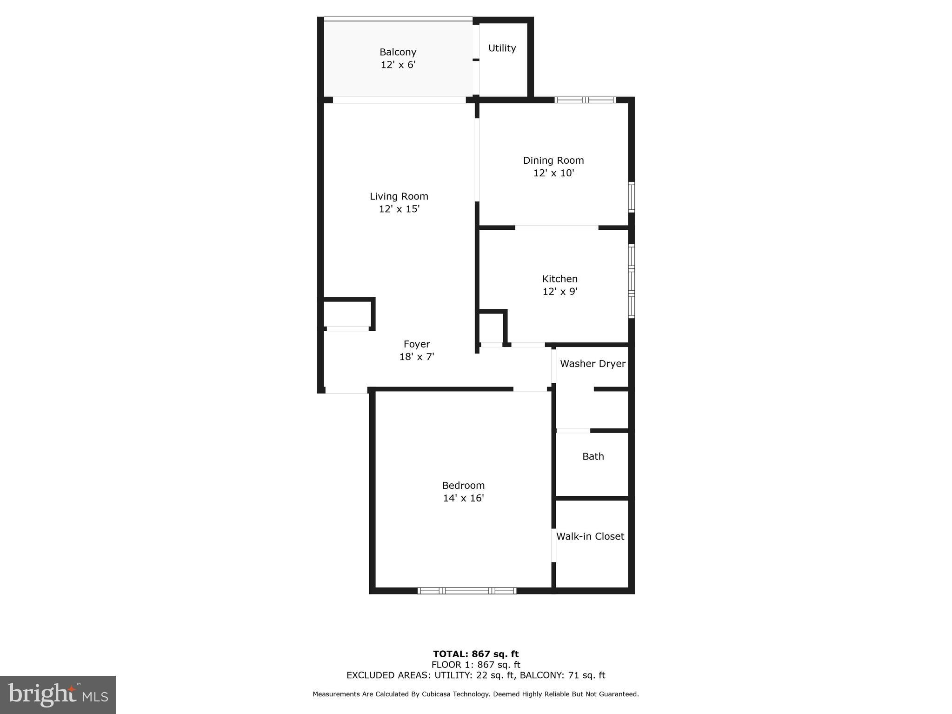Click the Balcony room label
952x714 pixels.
[x=398, y=52]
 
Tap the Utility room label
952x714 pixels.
[x=502, y=48]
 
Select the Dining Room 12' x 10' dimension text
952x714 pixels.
[x=553, y=173]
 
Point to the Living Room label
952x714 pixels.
[x=399, y=196]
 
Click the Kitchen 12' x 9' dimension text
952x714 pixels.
[x=560, y=292]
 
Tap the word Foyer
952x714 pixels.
[x=417, y=344]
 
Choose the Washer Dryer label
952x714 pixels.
[x=593, y=364]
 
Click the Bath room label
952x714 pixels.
[x=593, y=456]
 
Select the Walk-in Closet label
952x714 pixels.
[x=590, y=536]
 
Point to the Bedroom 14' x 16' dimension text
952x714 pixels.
[x=463, y=498]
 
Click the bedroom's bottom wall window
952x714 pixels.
[x=466, y=591]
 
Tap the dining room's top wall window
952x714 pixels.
[x=585, y=100]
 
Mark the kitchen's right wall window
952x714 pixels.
[x=631, y=281]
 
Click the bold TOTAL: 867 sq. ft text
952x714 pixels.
[x=476, y=654]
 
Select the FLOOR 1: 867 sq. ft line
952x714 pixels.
[x=476, y=665]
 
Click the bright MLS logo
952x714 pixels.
[x=58, y=695]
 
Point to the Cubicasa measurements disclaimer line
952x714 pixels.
[x=476, y=694]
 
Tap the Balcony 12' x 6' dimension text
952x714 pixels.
[x=398, y=65]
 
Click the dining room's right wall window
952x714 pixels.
[x=631, y=197]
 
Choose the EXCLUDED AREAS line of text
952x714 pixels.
[x=476, y=675]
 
